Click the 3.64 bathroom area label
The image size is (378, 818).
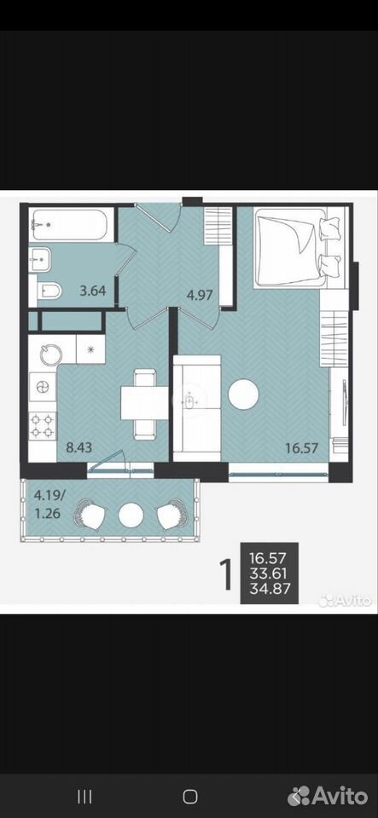click(93, 291)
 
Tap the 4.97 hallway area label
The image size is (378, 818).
click(200, 296)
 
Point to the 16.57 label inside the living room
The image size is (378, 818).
click(301, 447)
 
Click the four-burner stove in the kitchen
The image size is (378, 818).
click(43, 426)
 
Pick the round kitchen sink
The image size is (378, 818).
click(50, 354)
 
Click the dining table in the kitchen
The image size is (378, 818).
click(144, 403)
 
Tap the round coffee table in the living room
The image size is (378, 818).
click(243, 394)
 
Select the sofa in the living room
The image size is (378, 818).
click(197, 408)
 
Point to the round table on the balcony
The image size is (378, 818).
click(131, 516)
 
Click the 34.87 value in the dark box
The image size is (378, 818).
click(270, 590)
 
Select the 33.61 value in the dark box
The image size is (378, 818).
click(270, 574)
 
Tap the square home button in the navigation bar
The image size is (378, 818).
click(190, 796)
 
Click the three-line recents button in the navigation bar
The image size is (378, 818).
click(84, 796)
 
